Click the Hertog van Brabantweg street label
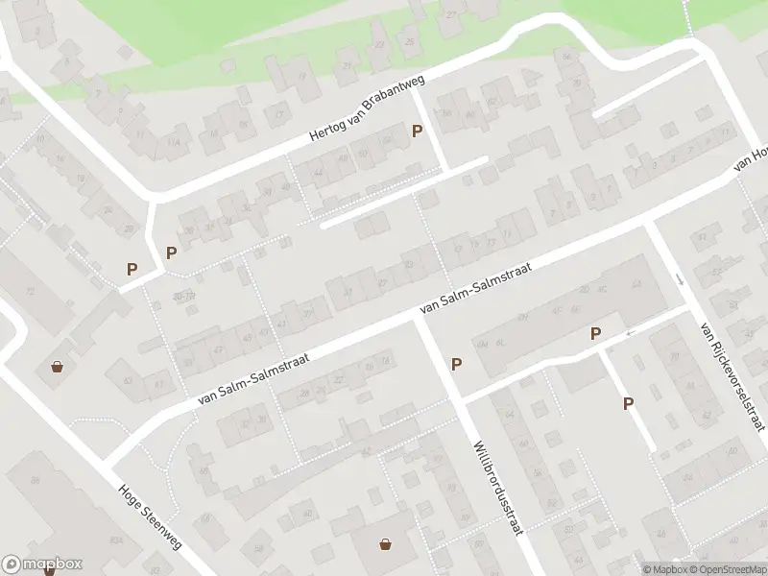368,110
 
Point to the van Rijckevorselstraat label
733,376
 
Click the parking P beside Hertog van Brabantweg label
417,132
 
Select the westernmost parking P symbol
132,270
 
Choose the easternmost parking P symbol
628,404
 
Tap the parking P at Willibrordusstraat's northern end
457,364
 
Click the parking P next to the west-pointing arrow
595,334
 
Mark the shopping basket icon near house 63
58,366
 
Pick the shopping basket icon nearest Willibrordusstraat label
386,544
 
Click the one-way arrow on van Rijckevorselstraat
681,279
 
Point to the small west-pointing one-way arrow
630,333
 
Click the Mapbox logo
42,564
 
